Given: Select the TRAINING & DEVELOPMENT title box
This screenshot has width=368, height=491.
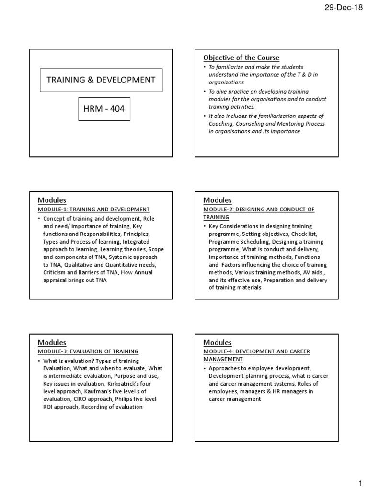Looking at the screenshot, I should point(101,80).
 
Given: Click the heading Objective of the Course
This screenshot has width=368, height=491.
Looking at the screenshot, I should point(241,58).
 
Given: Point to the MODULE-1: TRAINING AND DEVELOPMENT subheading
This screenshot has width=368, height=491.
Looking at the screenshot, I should point(93,210).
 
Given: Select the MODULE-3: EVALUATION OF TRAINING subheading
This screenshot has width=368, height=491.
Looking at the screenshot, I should point(88,351).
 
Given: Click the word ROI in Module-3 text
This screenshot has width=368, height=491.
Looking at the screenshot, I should point(49,407).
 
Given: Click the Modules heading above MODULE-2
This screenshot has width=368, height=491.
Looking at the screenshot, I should point(217,200).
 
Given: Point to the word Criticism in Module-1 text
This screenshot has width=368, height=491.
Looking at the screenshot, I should point(56,272).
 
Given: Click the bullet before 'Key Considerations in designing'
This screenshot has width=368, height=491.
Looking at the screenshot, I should point(205,226).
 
